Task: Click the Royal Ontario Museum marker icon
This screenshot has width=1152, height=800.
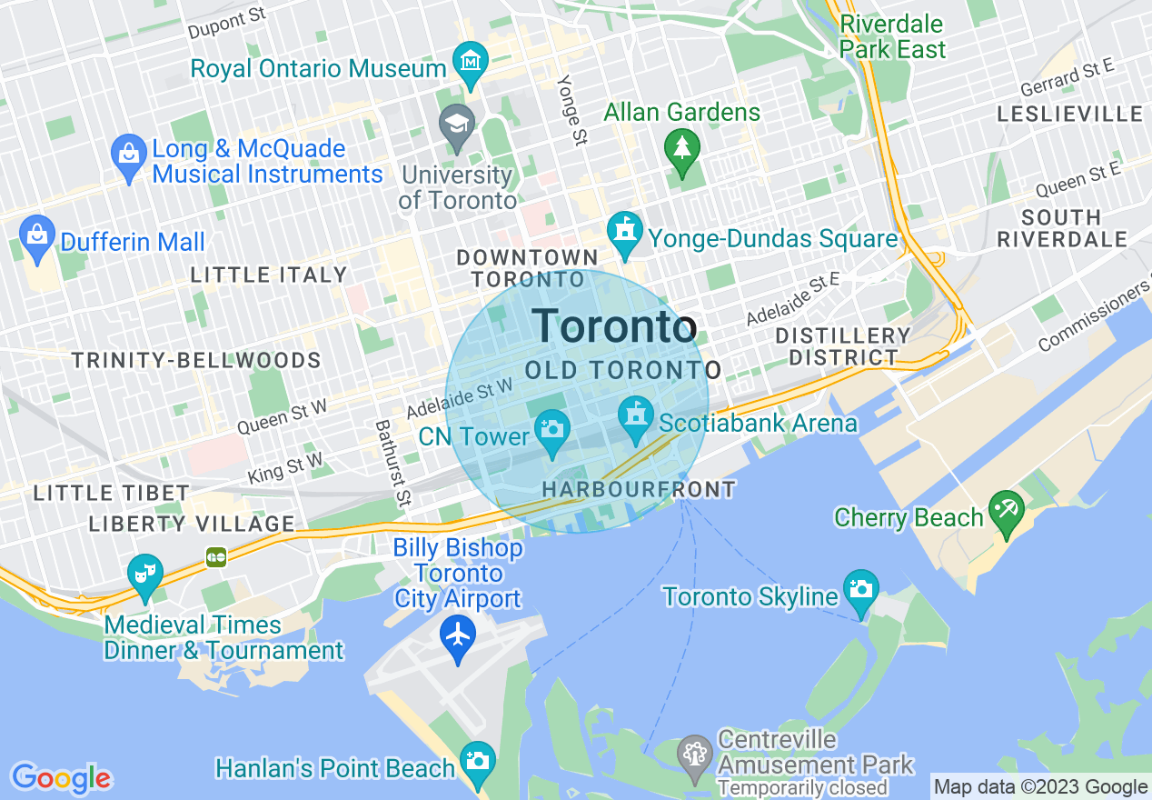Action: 471,63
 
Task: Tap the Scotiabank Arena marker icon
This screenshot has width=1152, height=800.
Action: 636,415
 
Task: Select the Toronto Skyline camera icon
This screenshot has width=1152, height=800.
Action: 859,587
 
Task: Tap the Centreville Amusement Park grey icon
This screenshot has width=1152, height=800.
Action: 695,754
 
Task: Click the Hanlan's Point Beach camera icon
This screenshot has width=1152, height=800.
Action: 477,759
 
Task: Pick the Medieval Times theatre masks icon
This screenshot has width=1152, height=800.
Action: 144,573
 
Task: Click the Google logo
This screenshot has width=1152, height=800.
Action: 61,778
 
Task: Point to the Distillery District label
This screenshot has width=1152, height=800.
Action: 842,346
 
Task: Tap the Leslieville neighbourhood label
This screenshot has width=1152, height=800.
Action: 1069,114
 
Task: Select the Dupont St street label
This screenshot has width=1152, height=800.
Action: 226,22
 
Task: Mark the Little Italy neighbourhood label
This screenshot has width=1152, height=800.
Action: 269,275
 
